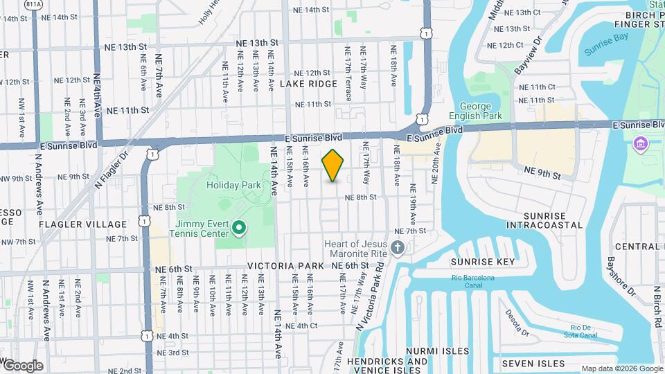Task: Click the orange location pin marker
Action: (333, 166)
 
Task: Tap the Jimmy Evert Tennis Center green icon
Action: (239, 227)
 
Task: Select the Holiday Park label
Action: (233, 185)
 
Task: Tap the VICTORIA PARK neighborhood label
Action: (285, 266)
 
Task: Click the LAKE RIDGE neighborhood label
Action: (308, 83)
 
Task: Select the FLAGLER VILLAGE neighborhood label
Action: (83, 224)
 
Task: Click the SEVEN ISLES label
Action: (533, 364)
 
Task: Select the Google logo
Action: (23, 366)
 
